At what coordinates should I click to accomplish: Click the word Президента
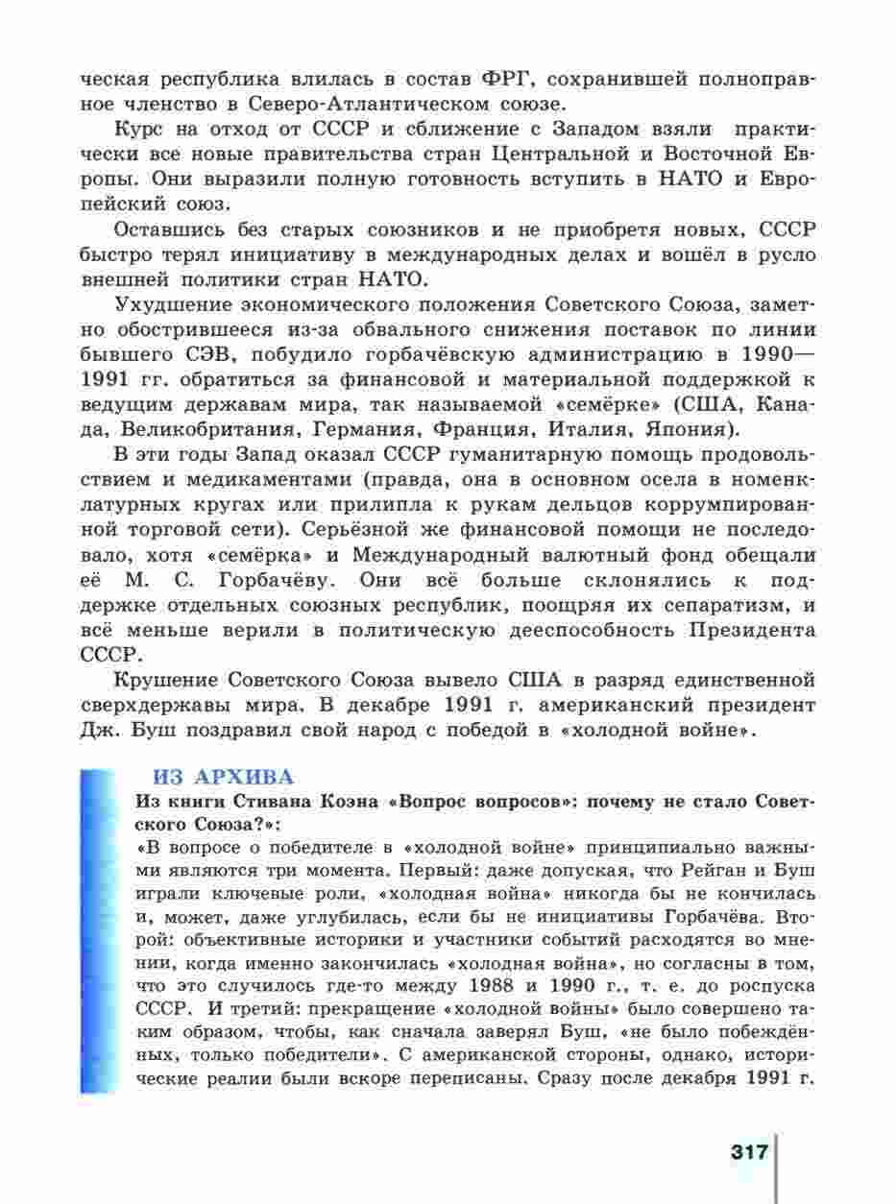tap(753, 630)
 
